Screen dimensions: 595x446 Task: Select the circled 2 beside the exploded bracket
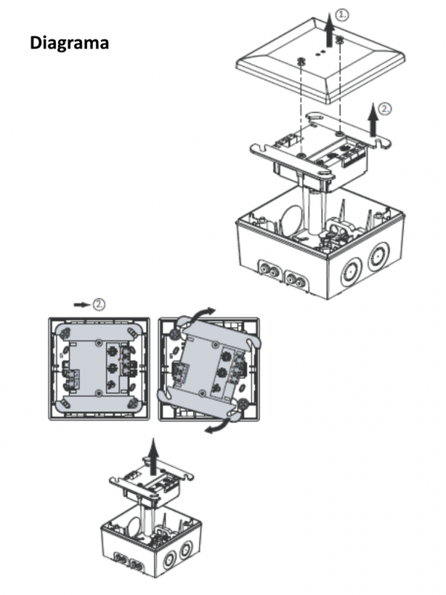(384, 109)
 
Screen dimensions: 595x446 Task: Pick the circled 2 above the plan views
(98, 303)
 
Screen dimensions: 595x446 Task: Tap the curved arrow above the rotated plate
(199, 313)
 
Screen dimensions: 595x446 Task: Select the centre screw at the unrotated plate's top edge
(99, 342)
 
